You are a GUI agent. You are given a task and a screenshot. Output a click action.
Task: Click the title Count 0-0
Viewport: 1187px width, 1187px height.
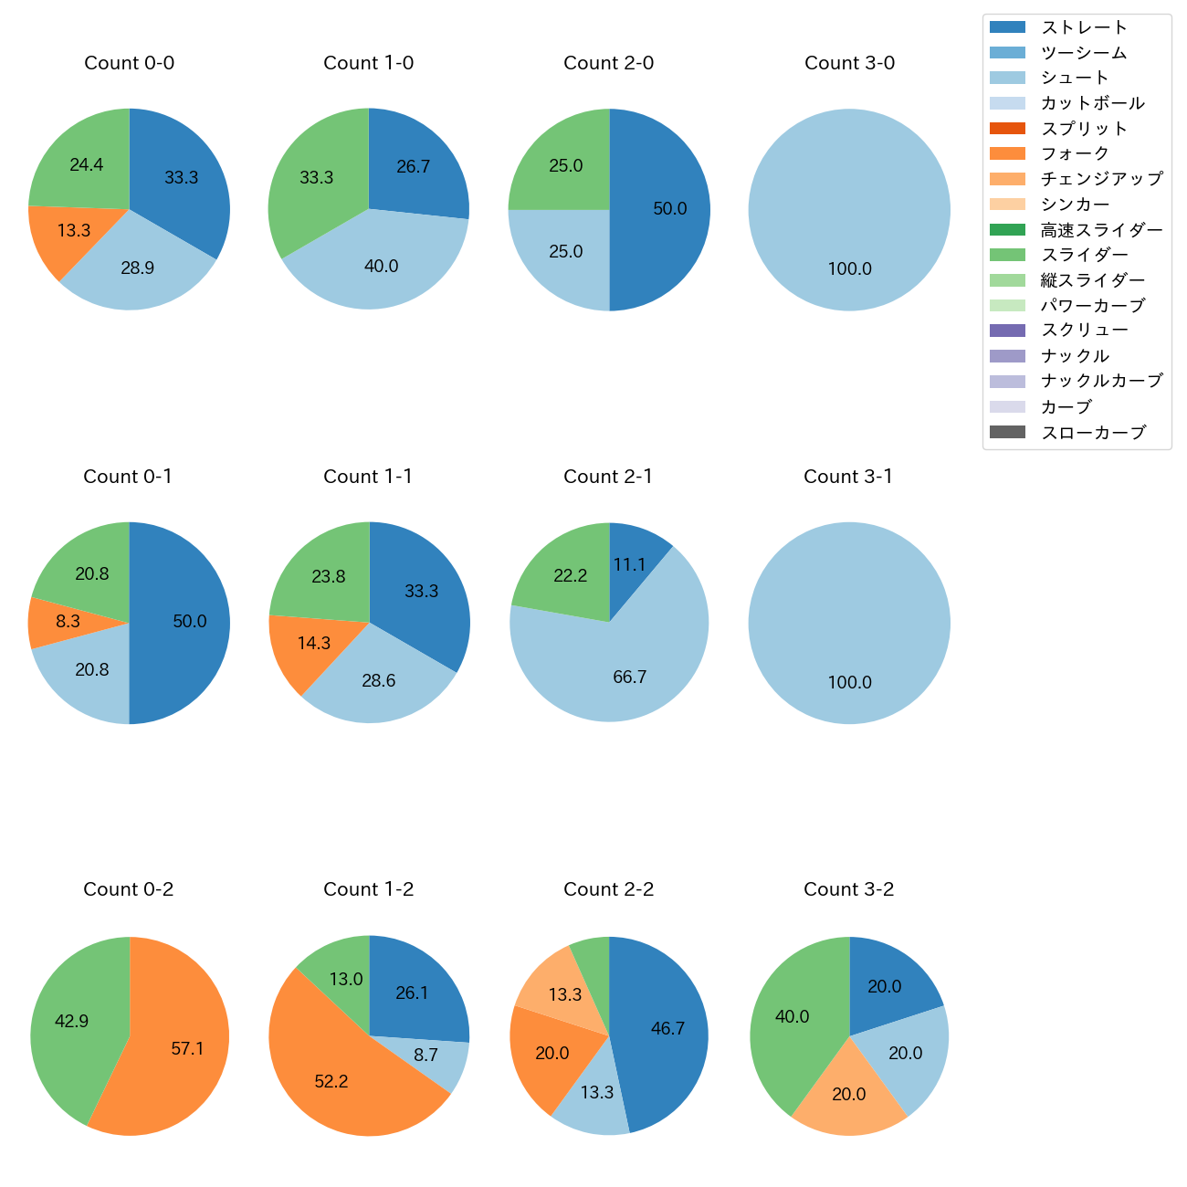pos(129,63)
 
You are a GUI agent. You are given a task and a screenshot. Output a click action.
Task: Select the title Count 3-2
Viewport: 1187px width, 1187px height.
pos(848,889)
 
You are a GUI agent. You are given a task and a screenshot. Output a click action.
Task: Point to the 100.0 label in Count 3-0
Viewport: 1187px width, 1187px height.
pos(849,269)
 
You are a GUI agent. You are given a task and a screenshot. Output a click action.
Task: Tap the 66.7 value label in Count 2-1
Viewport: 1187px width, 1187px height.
pos(630,677)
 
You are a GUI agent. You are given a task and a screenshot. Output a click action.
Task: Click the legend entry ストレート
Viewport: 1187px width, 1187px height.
pos(1084,27)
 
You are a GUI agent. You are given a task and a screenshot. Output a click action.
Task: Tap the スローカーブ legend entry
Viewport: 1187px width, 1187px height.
pos(1093,433)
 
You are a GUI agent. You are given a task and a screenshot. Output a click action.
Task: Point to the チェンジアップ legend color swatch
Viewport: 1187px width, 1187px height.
pos(1007,179)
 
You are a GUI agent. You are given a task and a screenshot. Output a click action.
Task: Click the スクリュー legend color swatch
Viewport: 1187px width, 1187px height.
pos(1007,331)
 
